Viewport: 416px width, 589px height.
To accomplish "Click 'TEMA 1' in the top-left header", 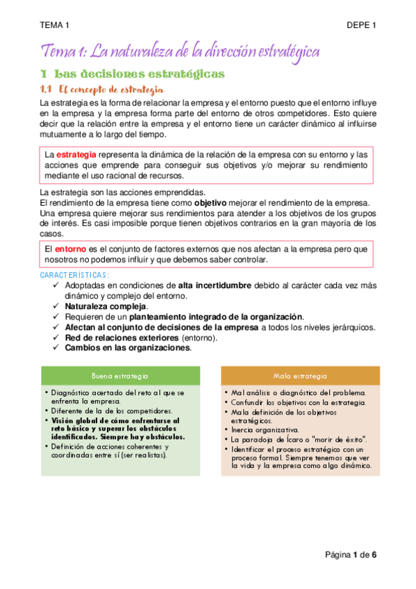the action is (55, 26).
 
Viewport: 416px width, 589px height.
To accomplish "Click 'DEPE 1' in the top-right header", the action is (361, 26).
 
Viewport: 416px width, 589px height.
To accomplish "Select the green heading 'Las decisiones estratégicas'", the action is (139, 74).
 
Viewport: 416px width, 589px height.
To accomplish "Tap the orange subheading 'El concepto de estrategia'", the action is (111, 89).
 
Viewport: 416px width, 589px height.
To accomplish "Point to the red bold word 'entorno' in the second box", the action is (72, 249).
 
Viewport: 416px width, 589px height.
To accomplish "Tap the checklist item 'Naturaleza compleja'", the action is (106, 306).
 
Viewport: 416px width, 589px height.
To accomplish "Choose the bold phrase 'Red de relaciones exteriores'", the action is (122, 337).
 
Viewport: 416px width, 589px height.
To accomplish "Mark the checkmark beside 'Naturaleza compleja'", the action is (56, 306).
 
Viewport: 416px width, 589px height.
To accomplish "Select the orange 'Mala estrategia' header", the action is (300, 376).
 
